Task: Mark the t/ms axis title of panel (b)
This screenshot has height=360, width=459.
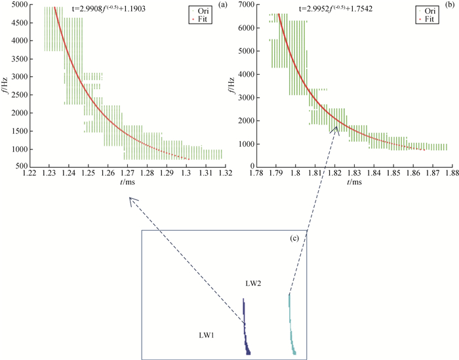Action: (x=353, y=182)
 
